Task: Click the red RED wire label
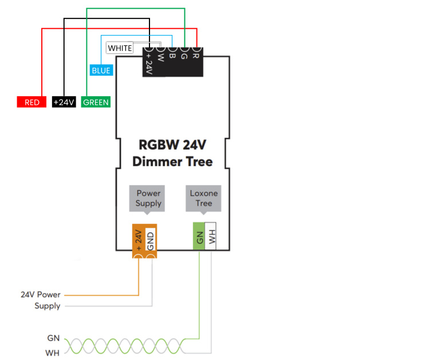click(x=32, y=102)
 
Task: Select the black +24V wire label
click(x=64, y=102)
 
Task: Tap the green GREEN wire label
click(x=96, y=102)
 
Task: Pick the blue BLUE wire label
click(x=101, y=70)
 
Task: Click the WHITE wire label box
click(x=120, y=48)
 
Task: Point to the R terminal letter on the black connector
click(x=195, y=56)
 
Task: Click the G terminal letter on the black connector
click(x=184, y=56)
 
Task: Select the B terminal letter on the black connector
click(x=172, y=56)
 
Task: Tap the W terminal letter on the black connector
click(x=160, y=57)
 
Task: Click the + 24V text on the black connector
click(x=149, y=64)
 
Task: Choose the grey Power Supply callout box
click(x=147, y=198)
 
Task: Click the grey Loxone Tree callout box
click(x=203, y=198)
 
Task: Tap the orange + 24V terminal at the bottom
click(x=139, y=240)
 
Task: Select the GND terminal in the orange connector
click(x=151, y=240)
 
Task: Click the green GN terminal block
click(x=199, y=237)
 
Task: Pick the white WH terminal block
click(x=210, y=237)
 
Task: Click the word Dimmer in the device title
click(x=157, y=162)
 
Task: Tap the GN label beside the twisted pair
click(x=53, y=338)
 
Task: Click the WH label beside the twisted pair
click(x=53, y=353)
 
